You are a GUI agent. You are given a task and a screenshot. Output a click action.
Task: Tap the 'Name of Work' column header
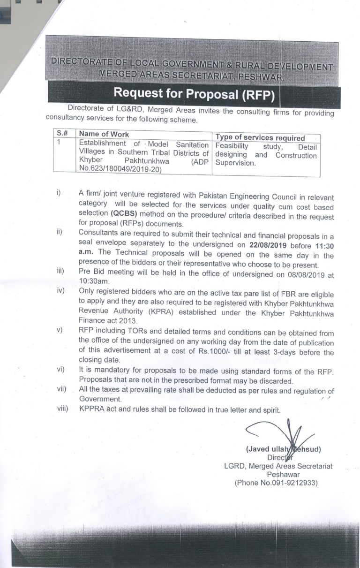pos(104,134)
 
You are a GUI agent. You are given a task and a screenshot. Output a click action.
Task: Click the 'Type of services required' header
pos(260,137)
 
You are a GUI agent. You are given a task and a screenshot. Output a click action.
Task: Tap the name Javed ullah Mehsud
pos(283,449)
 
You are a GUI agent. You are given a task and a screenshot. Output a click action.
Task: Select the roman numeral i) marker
pos(59,193)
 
